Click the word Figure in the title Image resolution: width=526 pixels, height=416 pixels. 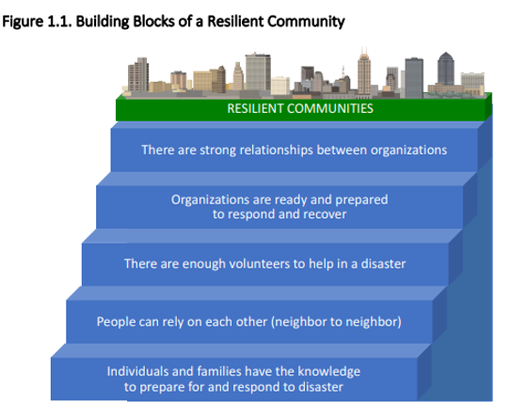(x=23, y=22)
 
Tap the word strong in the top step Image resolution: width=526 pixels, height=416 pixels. (x=217, y=151)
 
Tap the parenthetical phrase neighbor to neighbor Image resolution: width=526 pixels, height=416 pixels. (x=336, y=322)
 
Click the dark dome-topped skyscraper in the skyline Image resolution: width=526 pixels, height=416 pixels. (x=446, y=69)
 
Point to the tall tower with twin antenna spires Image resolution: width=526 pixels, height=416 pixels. (x=364, y=72)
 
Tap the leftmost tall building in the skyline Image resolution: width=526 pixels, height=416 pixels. (x=138, y=74)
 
